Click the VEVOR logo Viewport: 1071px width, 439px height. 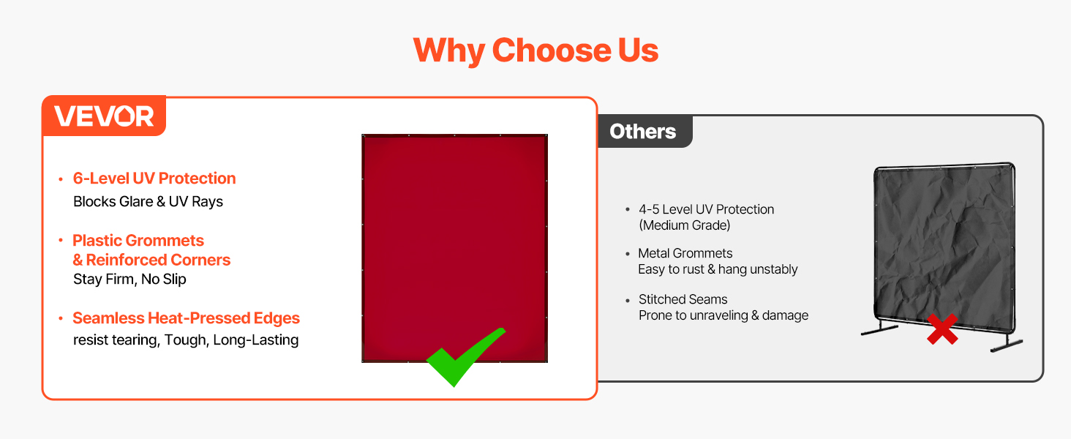coord(104,116)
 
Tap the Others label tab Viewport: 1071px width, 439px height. coord(644,132)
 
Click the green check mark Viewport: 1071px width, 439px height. coord(465,357)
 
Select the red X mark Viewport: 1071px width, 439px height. coord(942,329)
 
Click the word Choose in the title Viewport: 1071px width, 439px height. coord(552,50)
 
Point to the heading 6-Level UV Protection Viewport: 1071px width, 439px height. coord(154,179)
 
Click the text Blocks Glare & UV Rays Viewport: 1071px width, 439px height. coord(149,202)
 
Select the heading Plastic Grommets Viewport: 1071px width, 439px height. coord(138,241)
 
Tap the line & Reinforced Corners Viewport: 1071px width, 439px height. coord(151,260)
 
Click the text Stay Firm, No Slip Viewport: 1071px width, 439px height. coord(129,279)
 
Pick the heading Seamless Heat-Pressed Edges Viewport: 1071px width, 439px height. coord(186,318)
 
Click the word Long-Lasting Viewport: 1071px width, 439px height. coord(256,340)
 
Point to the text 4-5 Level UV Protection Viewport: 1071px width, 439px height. coord(706,209)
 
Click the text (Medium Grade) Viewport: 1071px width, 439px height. coord(685,225)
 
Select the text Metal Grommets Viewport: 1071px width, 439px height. coord(685,253)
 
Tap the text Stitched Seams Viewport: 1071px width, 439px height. coord(683,299)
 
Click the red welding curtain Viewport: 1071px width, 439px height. coord(455,248)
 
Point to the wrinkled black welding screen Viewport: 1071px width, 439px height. coord(944,247)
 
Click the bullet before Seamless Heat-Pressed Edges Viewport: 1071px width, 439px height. coord(61,318)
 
